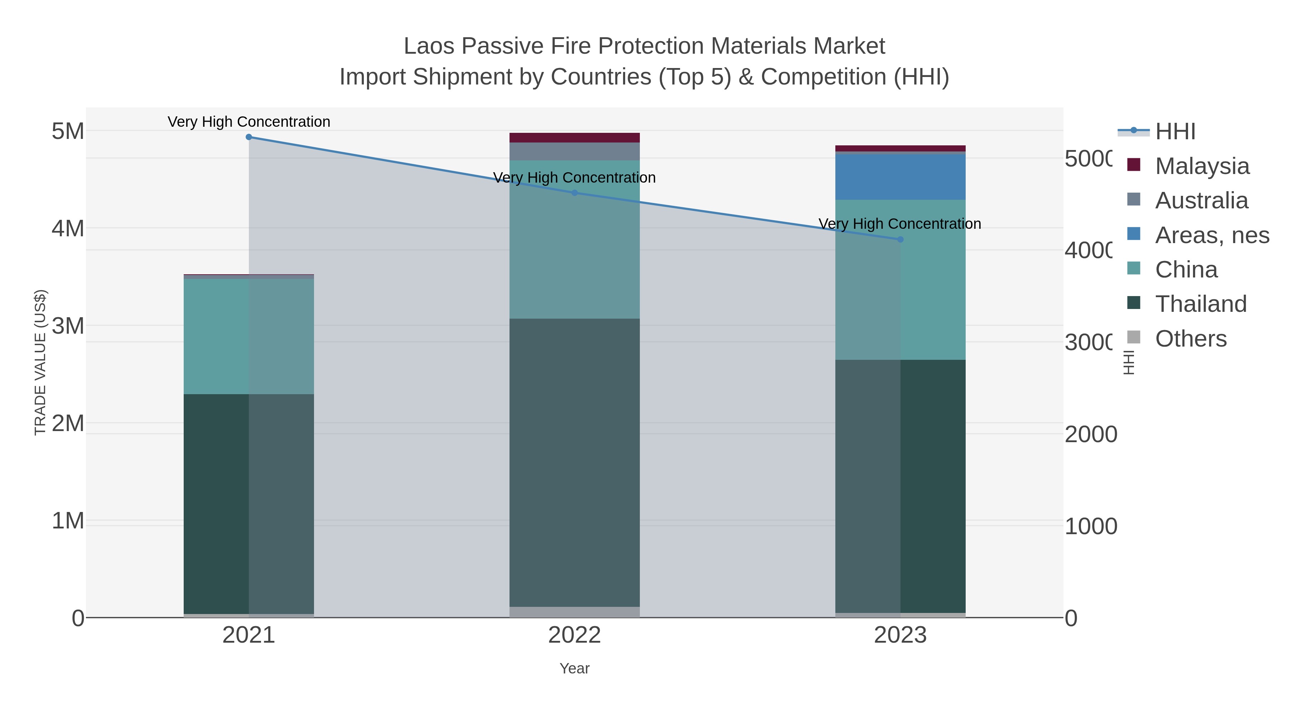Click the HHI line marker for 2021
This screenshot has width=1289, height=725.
tap(249, 137)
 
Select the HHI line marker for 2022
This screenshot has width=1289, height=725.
tap(574, 193)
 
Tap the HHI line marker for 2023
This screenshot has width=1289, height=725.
tap(900, 240)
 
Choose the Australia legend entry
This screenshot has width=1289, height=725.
tap(1201, 200)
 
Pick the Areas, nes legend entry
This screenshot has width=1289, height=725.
tap(1211, 235)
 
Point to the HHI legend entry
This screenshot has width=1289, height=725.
tap(1175, 132)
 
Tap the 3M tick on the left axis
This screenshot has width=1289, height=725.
tap(68, 326)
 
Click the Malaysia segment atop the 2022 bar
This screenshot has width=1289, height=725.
tap(574, 137)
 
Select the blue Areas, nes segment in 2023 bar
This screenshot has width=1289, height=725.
tap(900, 177)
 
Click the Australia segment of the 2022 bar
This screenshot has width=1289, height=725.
tap(574, 151)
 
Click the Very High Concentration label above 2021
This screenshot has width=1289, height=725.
tap(249, 122)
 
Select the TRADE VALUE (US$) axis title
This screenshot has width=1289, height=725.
tap(40, 362)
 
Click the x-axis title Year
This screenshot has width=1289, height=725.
tap(574, 668)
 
